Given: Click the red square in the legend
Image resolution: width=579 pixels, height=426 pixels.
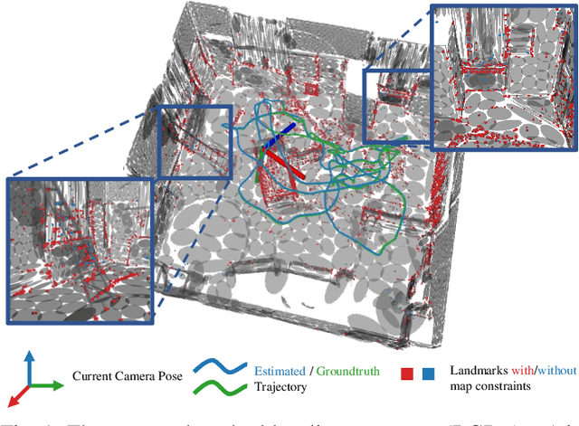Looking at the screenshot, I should [408, 371].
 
